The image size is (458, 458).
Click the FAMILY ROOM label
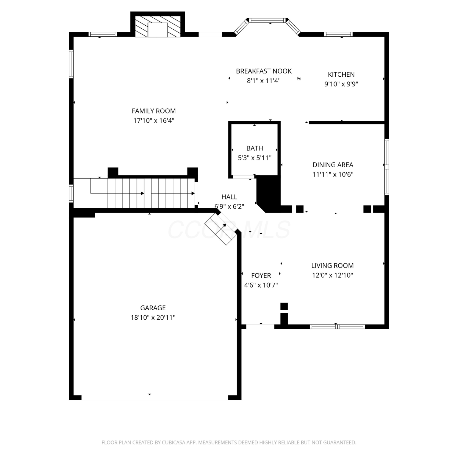pos(154,111)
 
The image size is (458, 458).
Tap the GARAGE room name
pos(153,308)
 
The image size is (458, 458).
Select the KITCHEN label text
pos(341,75)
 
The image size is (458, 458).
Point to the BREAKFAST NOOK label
pos(264,71)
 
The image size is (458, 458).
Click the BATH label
pos(255,148)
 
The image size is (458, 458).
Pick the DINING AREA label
pos(333,165)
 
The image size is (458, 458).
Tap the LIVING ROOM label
pos(333,266)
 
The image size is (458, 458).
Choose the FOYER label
pos(261,275)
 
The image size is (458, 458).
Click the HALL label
pos(229,197)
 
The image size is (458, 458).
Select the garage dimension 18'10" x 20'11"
pos(153,318)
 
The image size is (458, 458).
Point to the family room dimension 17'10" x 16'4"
pos(154,121)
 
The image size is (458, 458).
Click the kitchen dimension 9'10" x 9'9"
pos(341,84)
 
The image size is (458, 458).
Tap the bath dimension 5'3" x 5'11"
pos(255,158)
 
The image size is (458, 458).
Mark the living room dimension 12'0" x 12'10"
pos(333,275)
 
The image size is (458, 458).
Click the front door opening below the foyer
pos(260,326)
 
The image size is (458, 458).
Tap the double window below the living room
pos(337,327)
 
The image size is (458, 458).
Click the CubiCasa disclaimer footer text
pos(229,442)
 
